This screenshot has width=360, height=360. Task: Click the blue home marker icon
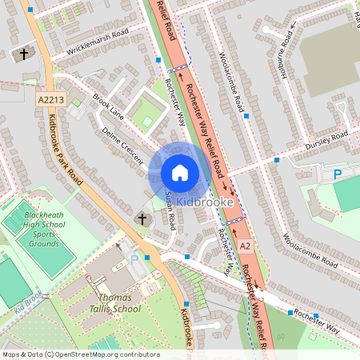pyautogui.click(x=179, y=172)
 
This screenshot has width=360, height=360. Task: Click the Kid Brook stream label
pyautogui.click(x=27, y=309)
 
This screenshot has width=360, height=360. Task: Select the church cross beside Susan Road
pyautogui.click(x=143, y=218)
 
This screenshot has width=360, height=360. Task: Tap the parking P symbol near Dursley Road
pyautogui.click(x=337, y=173)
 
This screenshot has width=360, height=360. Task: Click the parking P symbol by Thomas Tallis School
pyautogui.click(x=134, y=259)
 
